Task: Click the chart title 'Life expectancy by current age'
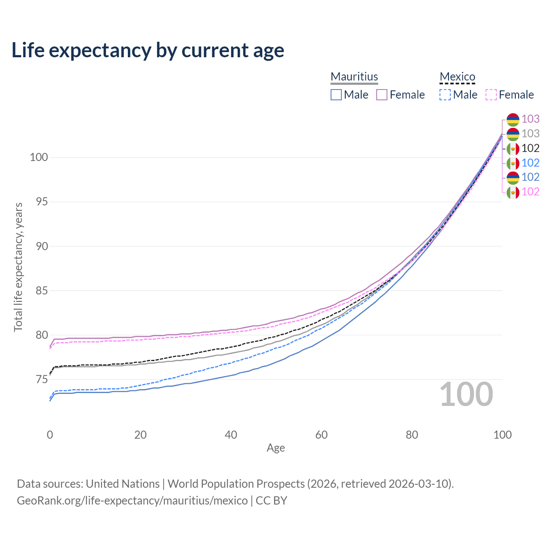pyautogui.click(x=148, y=51)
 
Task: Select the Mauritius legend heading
pyautogui.click(x=354, y=77)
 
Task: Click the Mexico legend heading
pyautogui.click(x=457, y=77)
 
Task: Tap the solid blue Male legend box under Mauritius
pyautogui.click(x=336, y=95)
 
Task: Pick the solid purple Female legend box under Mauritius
pyautogui.click(x=382, y=95)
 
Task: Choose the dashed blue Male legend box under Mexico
pyautogui.click(x=445, y=95)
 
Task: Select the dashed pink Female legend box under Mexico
pyautogui.click(x=491, y=95)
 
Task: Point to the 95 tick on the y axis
pyautogui.click(x=42, y=202)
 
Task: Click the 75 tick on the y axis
pyautogui.click(x=42, y=379)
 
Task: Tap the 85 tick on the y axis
pyautogui.click(x=42, y=291)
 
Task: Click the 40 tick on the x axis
pyautogui.click(x=231, y=435)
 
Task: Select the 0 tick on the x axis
pyautogui.click(x=50, y=435)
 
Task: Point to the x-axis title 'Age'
pyautogui.click(x=275, y=448)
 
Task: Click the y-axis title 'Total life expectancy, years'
pyautogui.click(x=19, y=267)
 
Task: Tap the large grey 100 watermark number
pyautogui.click(x=466, y=394)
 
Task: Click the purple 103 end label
pyautogui.click(x=530, y=119)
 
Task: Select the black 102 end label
pyautogui.click(x=530, y=148)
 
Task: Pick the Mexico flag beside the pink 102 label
pyautogui.click(x=513, y=192)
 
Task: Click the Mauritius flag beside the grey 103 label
pyautogui.click(x=513, y=134)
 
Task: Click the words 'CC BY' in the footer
pyautogui.click(x=271, y=501)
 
